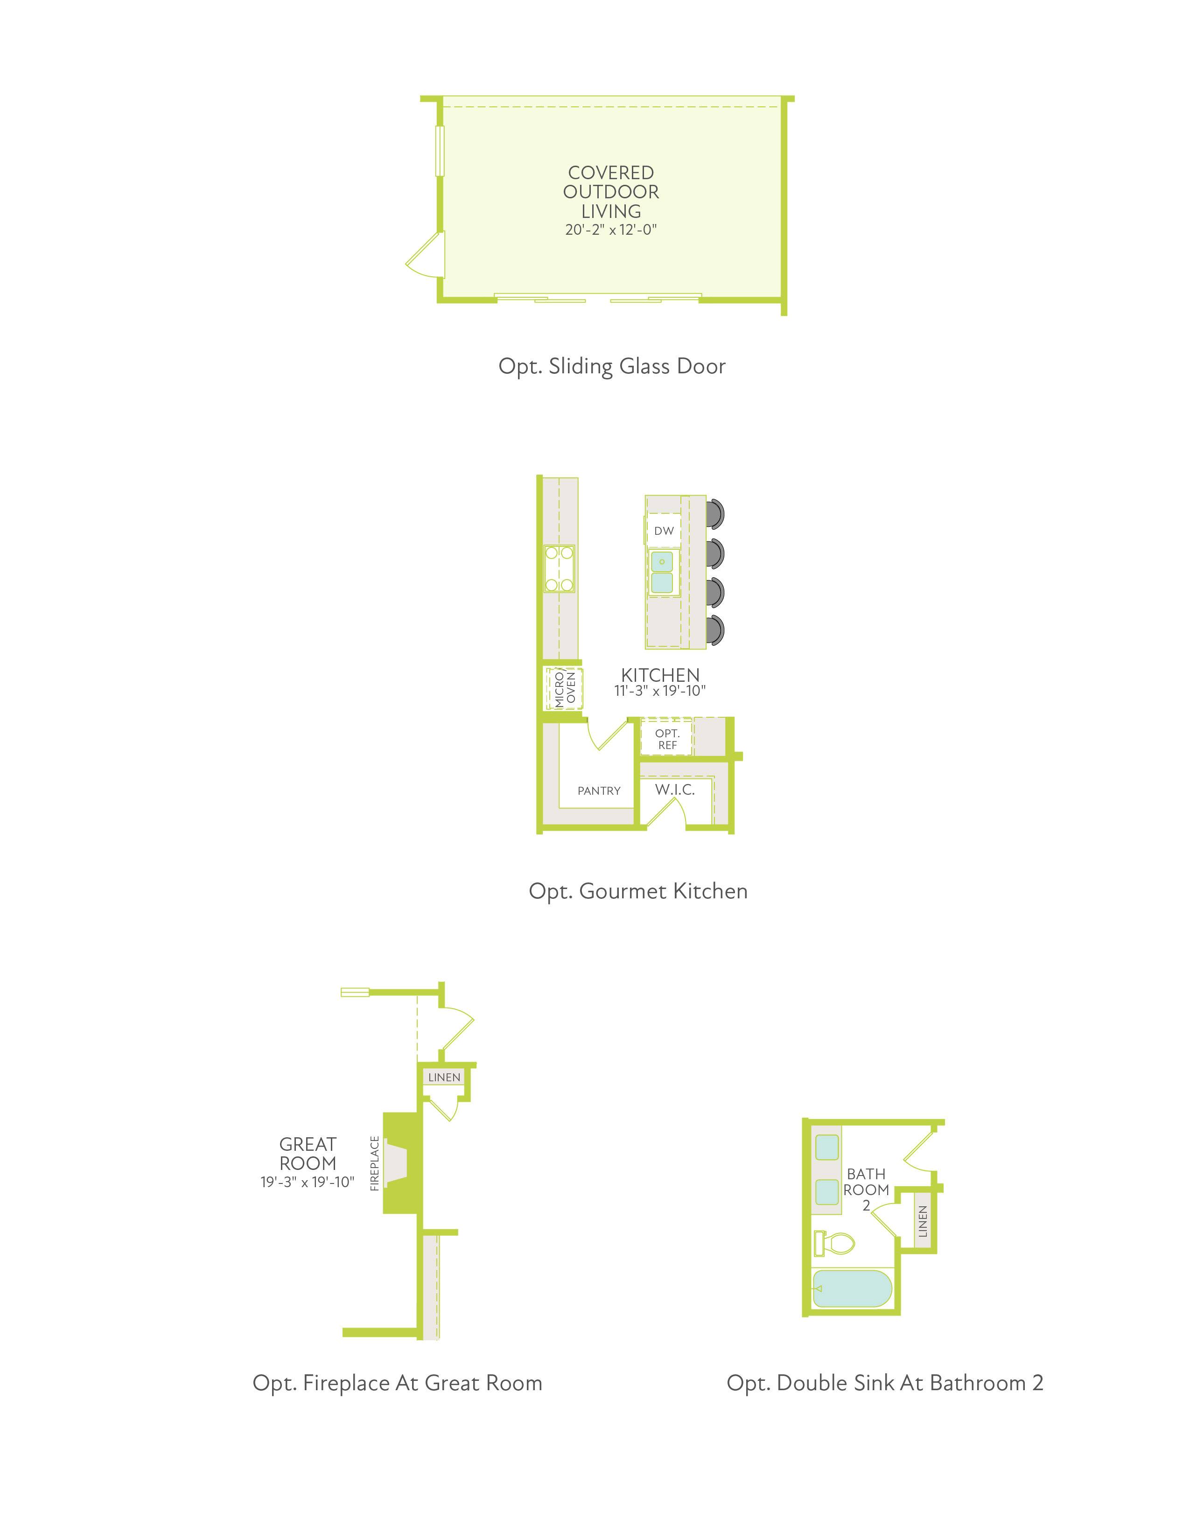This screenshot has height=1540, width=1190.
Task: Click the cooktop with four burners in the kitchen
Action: coord(559,569)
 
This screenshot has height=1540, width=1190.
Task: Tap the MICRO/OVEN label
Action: coord(565,688)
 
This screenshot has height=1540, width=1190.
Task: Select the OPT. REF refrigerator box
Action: coord(667,737)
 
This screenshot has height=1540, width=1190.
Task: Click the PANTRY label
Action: coord(599,791)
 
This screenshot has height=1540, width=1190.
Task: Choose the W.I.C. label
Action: coord(675,790)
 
